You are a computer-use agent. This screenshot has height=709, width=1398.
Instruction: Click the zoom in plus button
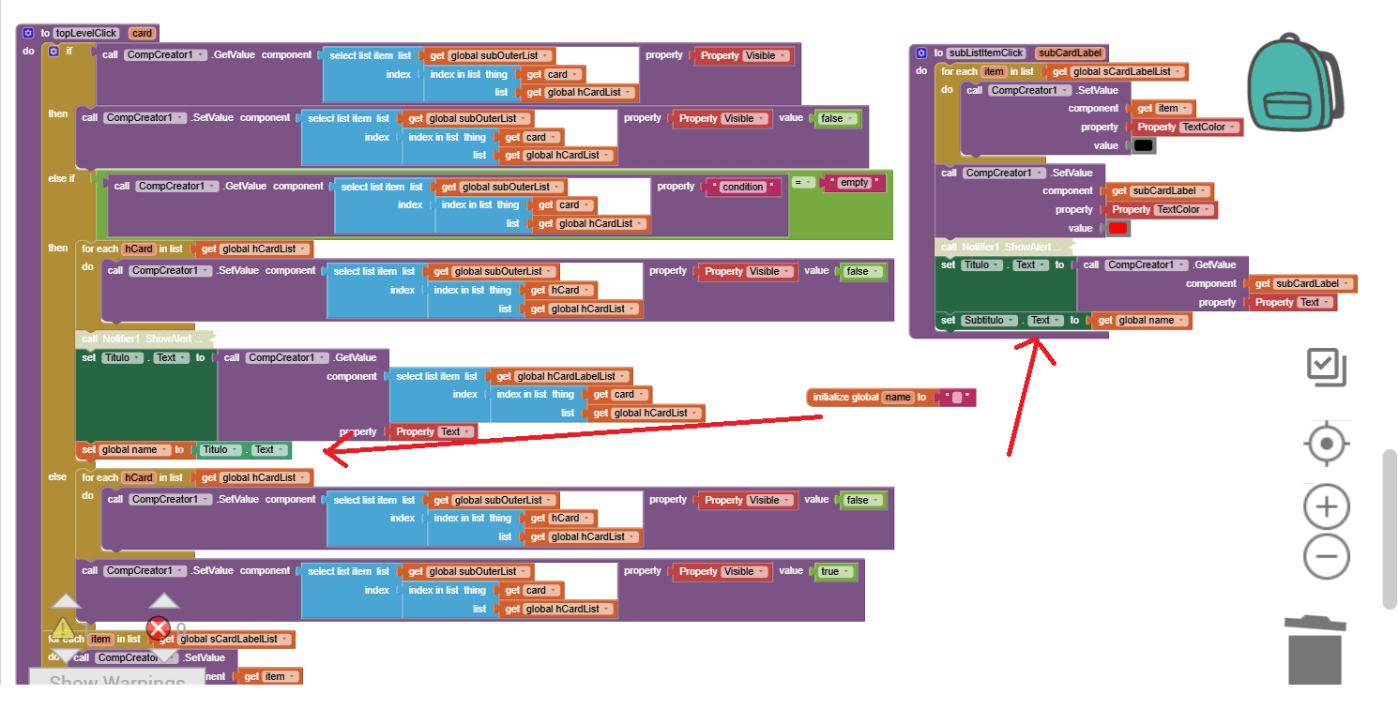click(x=1326, y=507)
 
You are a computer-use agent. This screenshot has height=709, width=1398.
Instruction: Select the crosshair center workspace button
click(x=1326, y=444)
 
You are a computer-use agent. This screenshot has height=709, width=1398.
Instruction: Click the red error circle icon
click(x=159, y=628)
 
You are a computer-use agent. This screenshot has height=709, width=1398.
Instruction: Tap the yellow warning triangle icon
click(x=63, y=628)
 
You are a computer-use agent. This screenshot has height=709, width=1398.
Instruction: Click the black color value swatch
click(x=1143, y=145)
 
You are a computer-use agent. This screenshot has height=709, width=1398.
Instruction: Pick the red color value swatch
click(x=1117, y=228)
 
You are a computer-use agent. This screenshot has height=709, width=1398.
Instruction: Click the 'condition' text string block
click(x=743, y=187)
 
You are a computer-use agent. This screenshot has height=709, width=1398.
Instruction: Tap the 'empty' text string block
click(x=854, y=183)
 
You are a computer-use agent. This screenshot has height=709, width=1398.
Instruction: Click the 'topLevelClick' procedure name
click(x=86, y=34)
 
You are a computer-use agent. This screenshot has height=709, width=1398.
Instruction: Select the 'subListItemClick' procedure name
click(x=986, y=53)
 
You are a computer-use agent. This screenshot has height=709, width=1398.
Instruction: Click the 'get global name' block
click(x=1141, y=321)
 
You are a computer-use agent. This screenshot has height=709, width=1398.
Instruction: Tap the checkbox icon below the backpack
click(x=1327, y=367)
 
